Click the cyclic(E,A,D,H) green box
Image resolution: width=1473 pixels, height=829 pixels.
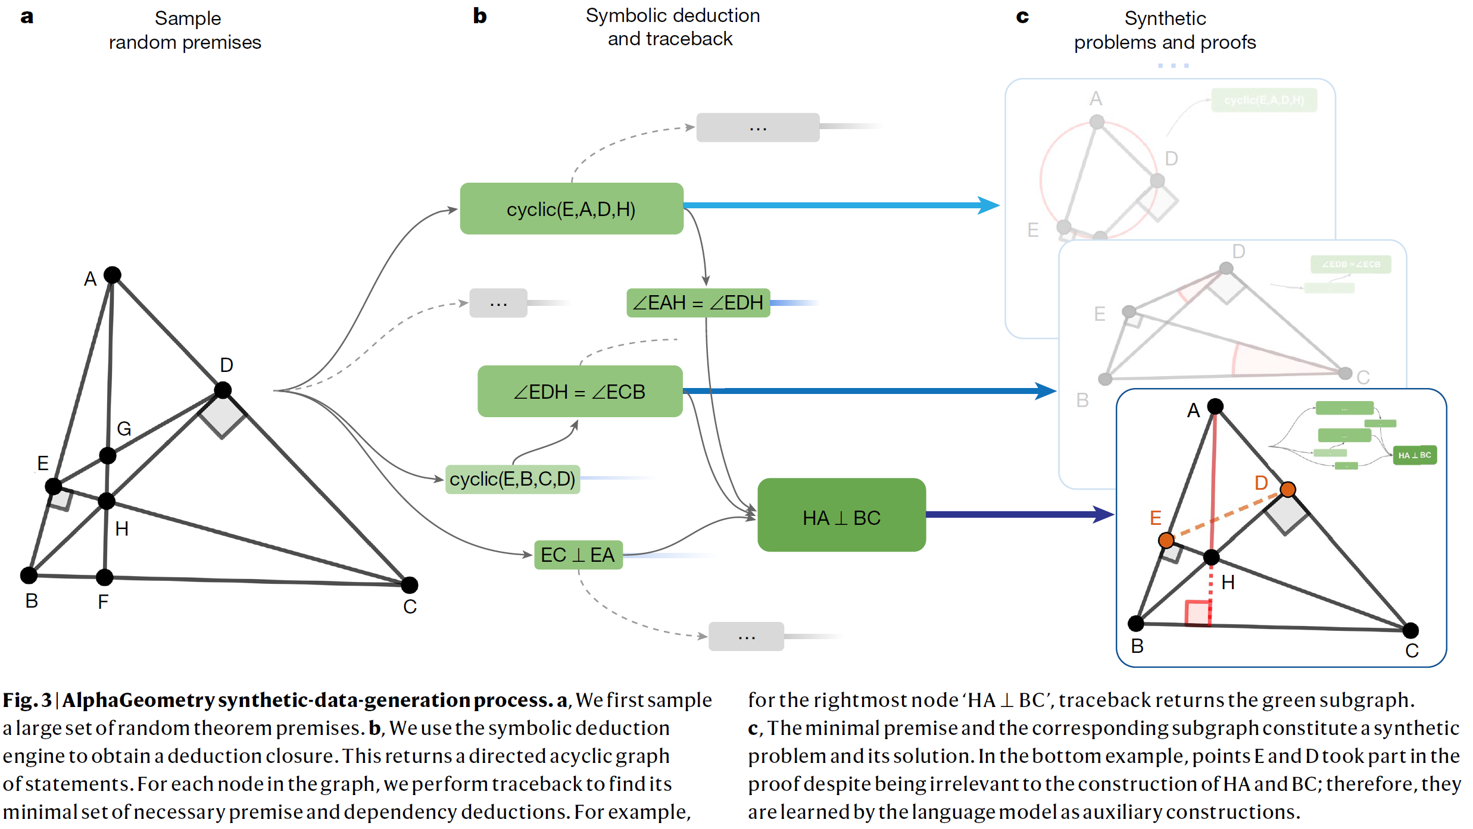pyautogui.click(x=571, y=209)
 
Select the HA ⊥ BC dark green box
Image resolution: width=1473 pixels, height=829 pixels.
pyautogui.click(x=841, y=515)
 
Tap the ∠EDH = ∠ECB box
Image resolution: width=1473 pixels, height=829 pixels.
pyautogui.click(x=579, y=392)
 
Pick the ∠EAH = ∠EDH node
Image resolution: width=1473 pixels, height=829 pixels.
pyautogui.click(x=698, y=303)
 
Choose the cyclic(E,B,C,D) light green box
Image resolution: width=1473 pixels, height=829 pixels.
pyautogui.click(x=512, y=479)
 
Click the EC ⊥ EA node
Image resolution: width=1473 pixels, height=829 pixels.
pyautogui.click(x=578, y=555)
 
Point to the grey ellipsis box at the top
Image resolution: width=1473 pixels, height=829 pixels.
pyautogui.click(x=757, y=127)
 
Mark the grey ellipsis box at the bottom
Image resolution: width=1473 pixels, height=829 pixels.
pyautogui.click(x=745, y=636)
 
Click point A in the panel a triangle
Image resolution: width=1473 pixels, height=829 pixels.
pyautogui.click(x=113, y=274)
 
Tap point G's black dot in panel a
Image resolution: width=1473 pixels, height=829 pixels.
pyautogui.click(x=108, y=456)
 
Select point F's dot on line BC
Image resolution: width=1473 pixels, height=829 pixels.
pyautogui.click(x=104, y=577)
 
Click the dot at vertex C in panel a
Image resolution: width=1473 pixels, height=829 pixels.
pyautogui.click(x=410, y=585)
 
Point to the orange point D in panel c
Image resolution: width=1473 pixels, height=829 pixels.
pyautogui.click(x=1287, y=489)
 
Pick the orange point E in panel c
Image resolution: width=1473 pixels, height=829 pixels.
pyautogui.click(x=1166, y=540)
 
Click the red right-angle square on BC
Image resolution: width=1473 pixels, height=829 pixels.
pyautogui.click(x=1198, y=613)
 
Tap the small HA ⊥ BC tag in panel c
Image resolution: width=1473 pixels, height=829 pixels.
pyautogui.click(x=1415, y=455)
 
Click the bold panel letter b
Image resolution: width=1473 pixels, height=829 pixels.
pyautogui.click(x=480, y=16)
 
